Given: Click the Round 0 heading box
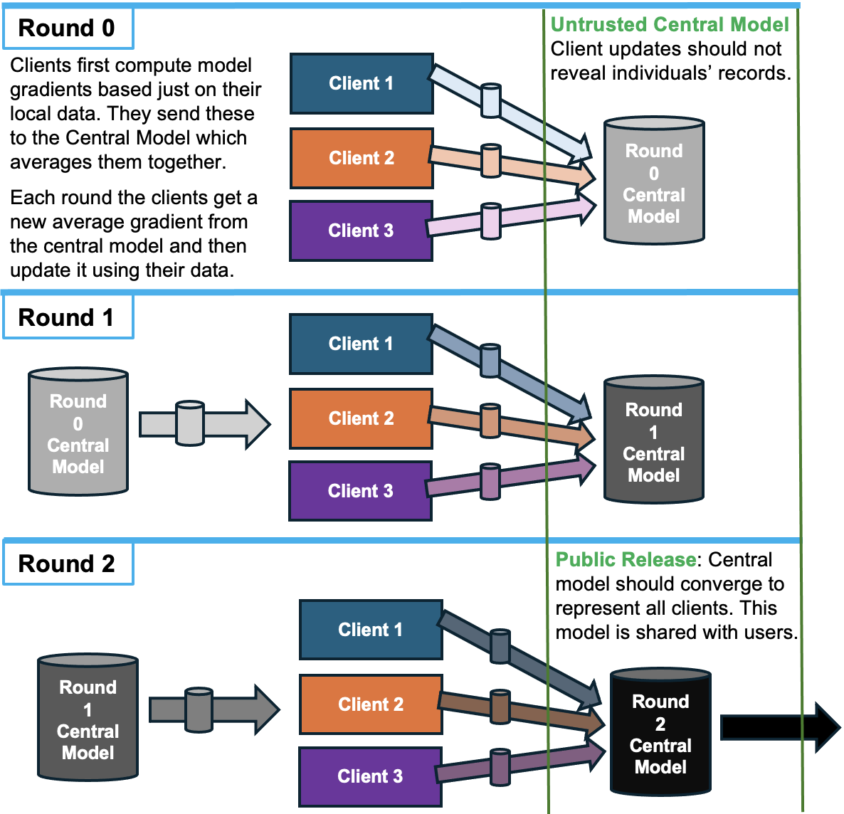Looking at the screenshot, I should pos(67,28).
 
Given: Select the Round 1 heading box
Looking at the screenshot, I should pos(67,317).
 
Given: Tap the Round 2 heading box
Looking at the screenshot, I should pos(67,564).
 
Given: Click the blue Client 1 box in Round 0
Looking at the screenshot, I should pos(362,83).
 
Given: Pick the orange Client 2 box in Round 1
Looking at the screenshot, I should pos(361,418).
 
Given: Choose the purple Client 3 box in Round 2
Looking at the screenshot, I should pos(370,776).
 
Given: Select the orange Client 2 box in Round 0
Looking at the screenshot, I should pos(362,158).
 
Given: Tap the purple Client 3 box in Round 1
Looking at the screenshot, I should pos(360,491).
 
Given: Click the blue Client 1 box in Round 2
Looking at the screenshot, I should pos(371,630).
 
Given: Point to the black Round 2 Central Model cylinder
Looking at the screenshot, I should pos(660,733).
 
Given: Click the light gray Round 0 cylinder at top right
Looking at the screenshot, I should pos(653,182).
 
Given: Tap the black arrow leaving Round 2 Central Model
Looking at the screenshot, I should pos(779,727).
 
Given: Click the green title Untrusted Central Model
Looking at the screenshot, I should pos(670,25).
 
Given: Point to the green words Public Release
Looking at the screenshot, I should pos(625,560).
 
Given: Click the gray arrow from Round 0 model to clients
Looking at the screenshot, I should pos(205,425).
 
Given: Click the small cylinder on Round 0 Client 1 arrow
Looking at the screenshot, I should pos(491,100).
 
